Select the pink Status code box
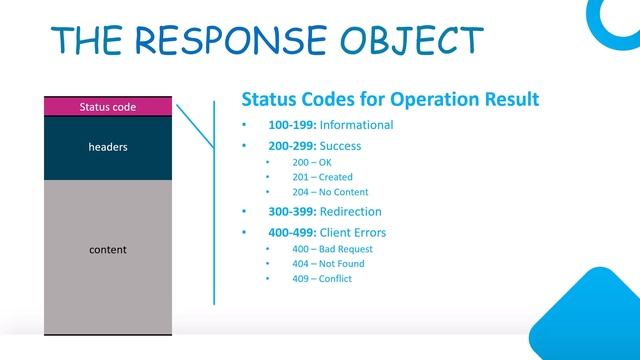108,106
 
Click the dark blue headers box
108,147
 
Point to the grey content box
108,250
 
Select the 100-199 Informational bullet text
330,125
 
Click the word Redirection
350,212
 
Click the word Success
340,145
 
